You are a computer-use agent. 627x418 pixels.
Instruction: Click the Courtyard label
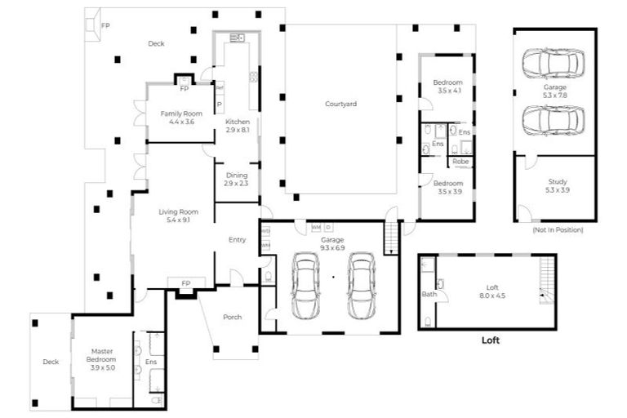point(340,104)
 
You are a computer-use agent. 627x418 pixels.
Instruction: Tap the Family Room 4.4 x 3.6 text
point(181,117)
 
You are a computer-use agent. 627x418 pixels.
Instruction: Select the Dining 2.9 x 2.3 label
point(236,179)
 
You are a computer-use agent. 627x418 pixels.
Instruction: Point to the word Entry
point(237,239)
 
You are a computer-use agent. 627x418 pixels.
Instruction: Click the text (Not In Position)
point(557,229)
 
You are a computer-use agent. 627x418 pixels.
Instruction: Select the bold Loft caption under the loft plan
point(490,341)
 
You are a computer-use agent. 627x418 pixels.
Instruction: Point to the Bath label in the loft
point(429,294)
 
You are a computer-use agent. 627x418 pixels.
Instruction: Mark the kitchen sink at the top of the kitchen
point(238,38)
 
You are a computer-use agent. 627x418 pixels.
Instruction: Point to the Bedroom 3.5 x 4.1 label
point(447,87)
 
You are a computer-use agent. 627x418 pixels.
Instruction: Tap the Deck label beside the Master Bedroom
point(51,361)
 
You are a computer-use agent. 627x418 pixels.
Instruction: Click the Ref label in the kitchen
point(219,87)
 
